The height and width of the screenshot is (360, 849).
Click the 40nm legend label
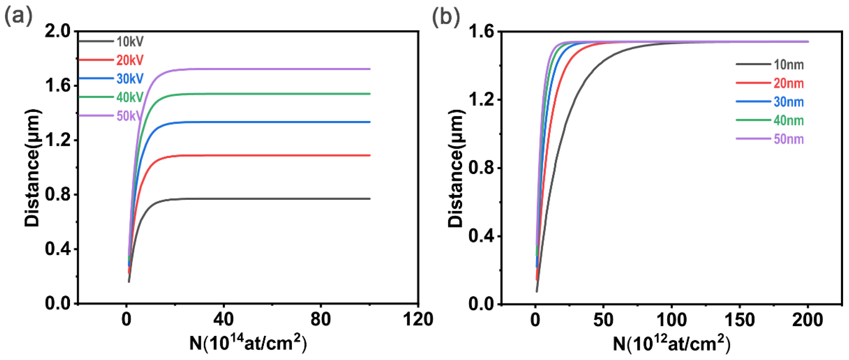coord(788,120)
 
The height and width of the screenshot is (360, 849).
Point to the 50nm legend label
coord(788,139)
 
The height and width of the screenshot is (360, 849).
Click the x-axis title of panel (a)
coord(248,343)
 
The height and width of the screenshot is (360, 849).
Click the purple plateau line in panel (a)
coord(264,69)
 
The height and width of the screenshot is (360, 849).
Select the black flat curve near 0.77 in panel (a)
coord(264,199)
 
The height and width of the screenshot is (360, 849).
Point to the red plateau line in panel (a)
coord(264,155)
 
